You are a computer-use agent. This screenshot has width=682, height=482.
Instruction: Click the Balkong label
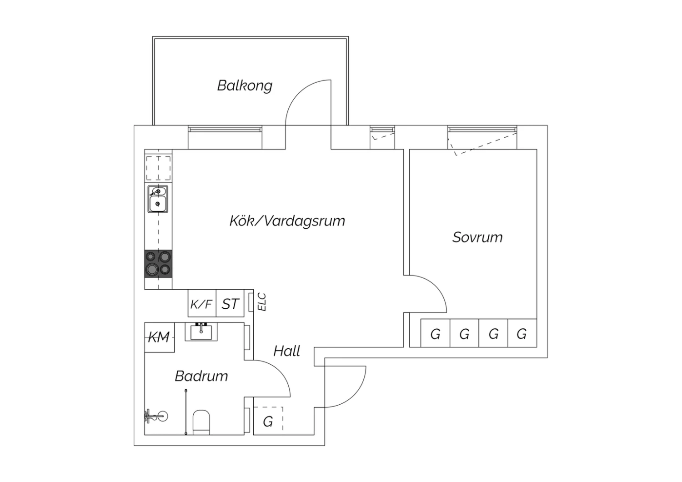(x=245, y=85)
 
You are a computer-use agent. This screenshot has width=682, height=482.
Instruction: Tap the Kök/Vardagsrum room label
(x=287, y=221)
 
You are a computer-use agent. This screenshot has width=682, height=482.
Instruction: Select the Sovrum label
(x=477, y=237)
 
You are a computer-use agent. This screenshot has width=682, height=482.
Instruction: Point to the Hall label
(x=287, y=351)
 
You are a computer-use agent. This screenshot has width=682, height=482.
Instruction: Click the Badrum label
(x=201, y=376)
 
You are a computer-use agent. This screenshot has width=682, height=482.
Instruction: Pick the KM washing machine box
(x=159, y=337)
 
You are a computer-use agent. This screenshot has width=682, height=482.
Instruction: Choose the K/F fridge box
(x=202, y=304)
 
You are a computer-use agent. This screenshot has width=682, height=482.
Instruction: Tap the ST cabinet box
(x=230, y=304)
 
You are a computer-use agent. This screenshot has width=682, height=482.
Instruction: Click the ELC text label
(x=261, y=302)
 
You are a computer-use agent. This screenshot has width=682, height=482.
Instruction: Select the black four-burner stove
(x=158, y=264)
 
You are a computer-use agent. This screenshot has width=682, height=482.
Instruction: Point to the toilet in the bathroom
(x=201, y=422)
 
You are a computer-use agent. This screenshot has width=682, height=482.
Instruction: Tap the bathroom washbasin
(x=201, y=332)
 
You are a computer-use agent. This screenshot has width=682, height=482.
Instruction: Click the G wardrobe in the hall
(x=268, y=422)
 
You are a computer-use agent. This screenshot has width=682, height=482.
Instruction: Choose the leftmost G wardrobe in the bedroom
(x=435, y=334)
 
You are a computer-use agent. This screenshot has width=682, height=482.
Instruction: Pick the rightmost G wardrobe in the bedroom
(x=522, y=334)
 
